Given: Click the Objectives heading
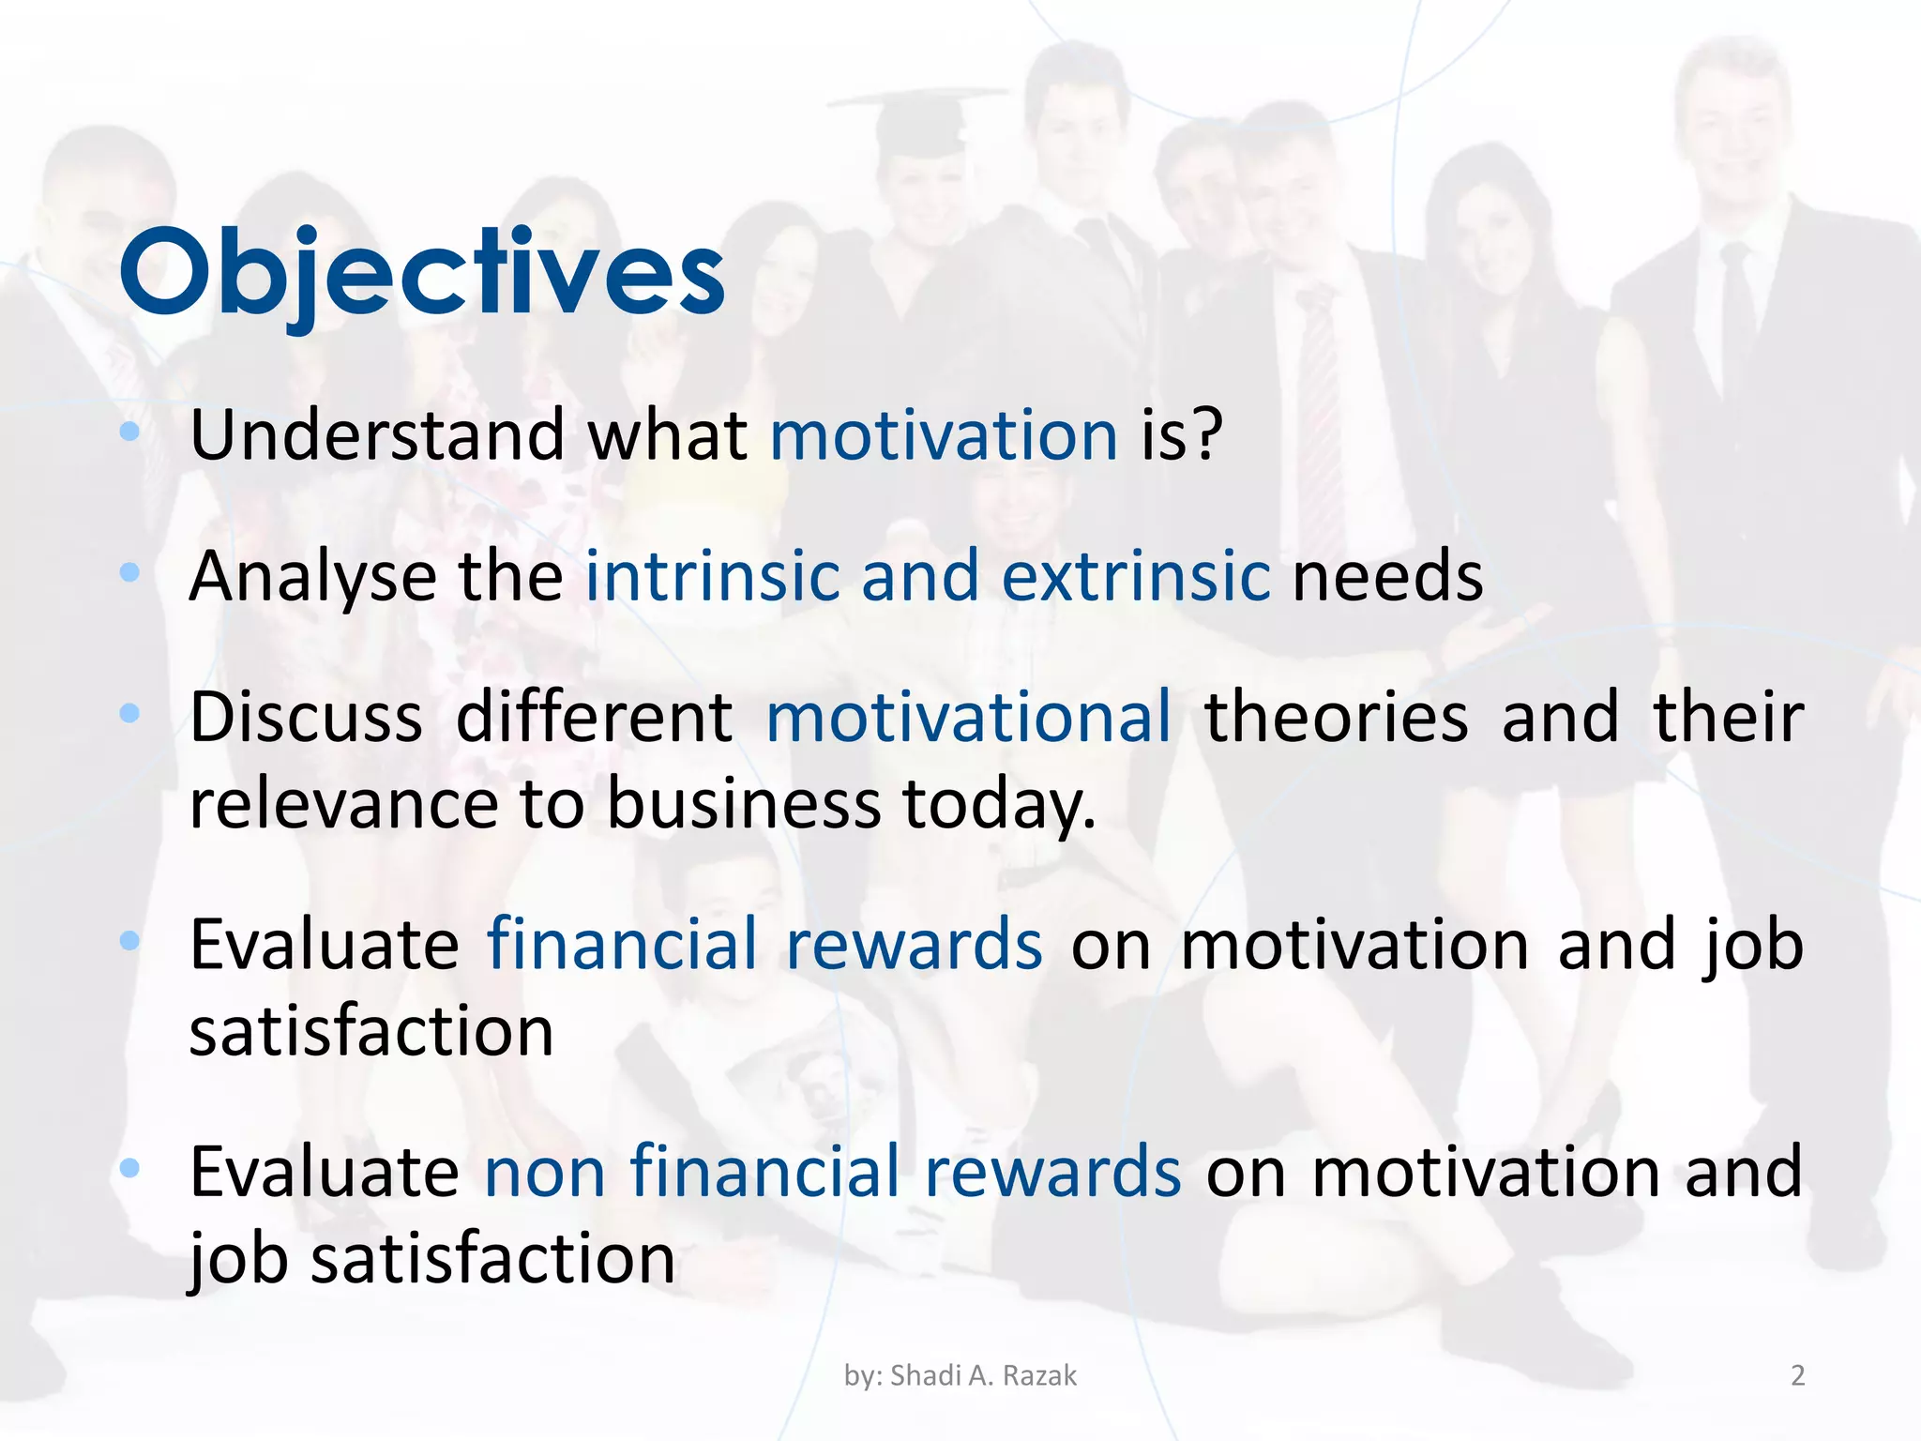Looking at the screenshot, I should point(422,274).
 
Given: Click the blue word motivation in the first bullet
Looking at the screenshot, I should point(944,436).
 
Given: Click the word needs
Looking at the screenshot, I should point(1388,577).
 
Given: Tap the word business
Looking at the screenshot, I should point(744,805).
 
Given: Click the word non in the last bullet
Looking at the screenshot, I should point(544,1173).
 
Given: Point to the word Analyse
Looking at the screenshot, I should point(312,577).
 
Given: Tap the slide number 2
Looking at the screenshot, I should point(1797,1375).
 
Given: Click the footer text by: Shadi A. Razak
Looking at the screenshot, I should point(960,1375).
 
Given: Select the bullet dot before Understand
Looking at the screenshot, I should point(130,432).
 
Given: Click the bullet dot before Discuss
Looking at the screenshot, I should point(130,713).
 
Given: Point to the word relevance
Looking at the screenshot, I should point(342,805).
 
